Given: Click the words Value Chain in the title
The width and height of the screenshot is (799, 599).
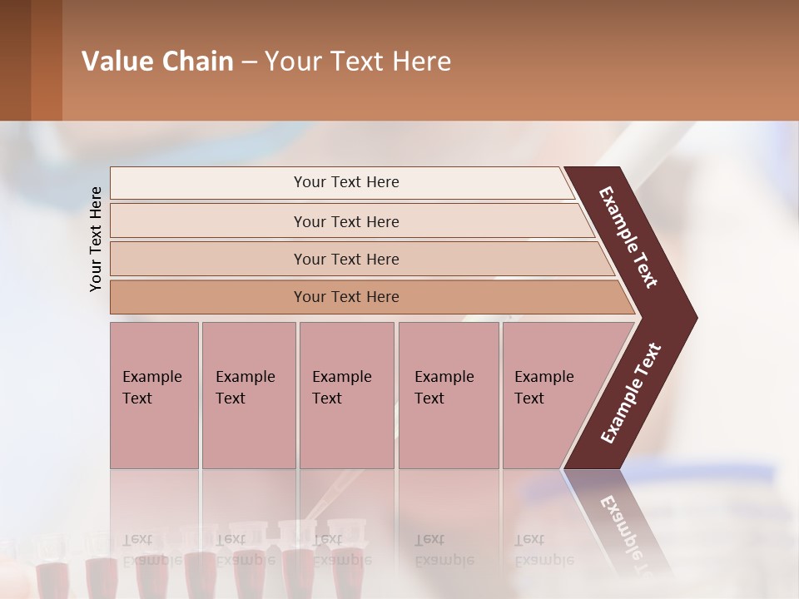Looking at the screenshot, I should pyautogui.click(x=157, y=62).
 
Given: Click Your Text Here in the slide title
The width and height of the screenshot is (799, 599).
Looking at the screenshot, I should pyautogui.click(x=358, y=62).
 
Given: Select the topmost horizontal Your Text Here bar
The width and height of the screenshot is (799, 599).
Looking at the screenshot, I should pyautogui.click(x=345, y=182).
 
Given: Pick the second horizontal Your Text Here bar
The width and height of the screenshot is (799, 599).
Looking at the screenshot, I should pyautogui.click(x=345, y=221).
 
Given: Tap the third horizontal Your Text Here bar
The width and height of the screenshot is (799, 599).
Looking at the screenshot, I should pyautogui.click(x=345, y=259).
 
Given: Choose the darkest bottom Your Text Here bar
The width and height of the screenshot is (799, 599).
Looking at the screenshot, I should pyautogui.click(x=345, y=297).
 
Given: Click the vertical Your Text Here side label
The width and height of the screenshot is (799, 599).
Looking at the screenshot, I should pyautogui.click(x=96, y=239).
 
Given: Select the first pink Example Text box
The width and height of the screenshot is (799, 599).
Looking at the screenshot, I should pyautogui.click(x=154, y=394).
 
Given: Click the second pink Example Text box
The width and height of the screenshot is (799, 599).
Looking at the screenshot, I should pyautogui.click(x=248, y=394).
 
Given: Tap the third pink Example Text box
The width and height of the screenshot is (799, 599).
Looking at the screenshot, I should pyautogui.click(x=345, y=394).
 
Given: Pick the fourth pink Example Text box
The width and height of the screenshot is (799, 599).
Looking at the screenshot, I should pyautogui.click(x=448, y=394).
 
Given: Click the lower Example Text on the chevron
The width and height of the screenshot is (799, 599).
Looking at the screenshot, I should pyautogui.click(x=630, y=394).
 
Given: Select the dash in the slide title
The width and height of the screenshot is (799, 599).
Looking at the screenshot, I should pyautogui.click(x=249, y=62).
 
